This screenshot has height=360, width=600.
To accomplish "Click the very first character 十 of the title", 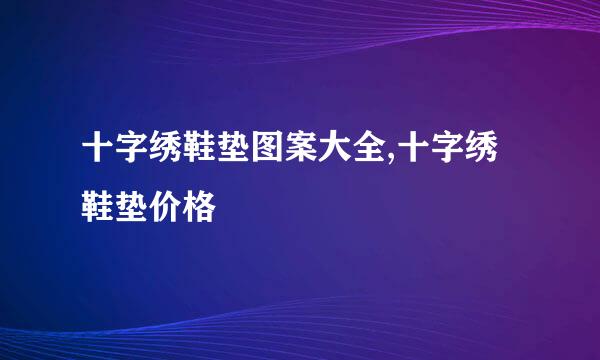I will [x=98, y=161].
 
